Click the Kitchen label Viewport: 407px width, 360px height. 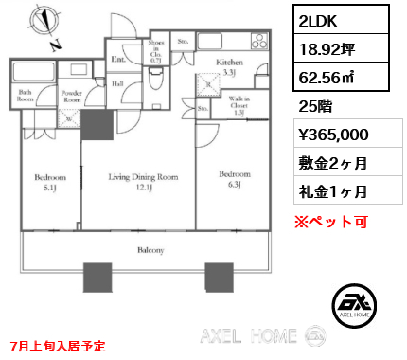click(230, 63)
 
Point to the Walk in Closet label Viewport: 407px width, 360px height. click(238, 105)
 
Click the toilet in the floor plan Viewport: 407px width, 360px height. click(155, 81)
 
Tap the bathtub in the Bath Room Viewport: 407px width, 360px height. click(35, 73)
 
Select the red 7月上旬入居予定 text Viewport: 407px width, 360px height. click(59, 346)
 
